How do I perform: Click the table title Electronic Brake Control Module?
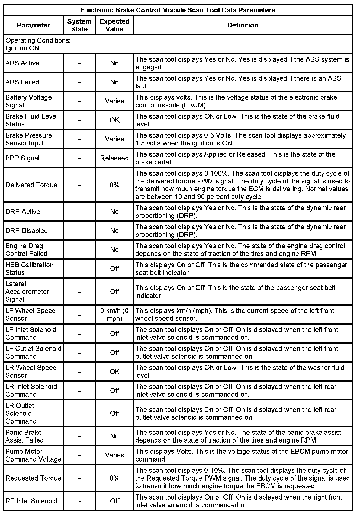[178, 10]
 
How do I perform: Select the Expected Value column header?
[114, 25]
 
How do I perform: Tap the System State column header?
[79, 25]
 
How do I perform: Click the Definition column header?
[243, 25]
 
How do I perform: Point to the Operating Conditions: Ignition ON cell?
[38, 44]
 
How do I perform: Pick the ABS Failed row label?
[22, 82]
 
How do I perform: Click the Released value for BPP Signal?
[114, 158]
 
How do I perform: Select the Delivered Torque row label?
[31, 185]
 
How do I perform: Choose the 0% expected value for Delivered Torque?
[114, 185]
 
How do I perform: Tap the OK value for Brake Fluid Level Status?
[114, 120]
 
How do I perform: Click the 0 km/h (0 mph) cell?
[114, 315]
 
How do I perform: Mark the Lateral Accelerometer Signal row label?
[27, 292]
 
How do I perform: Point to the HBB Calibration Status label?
[29, 269]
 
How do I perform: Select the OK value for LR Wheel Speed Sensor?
[114, 371]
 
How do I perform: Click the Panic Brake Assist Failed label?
[24, 436]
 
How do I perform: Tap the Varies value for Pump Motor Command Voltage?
[114, 455]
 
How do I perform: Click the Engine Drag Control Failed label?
[26, 250]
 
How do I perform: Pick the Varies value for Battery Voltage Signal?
[114, 101]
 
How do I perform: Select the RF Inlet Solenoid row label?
[31, 501]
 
